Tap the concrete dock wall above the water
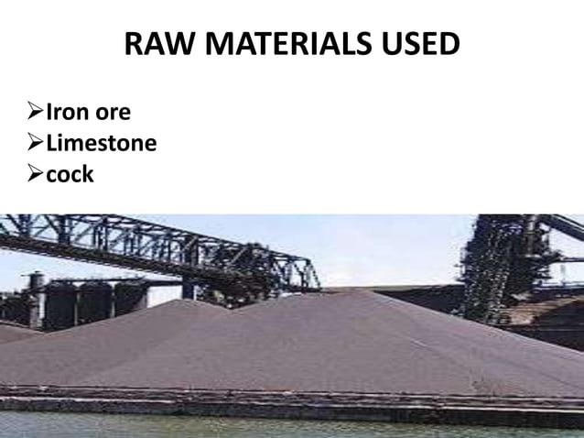275,404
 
